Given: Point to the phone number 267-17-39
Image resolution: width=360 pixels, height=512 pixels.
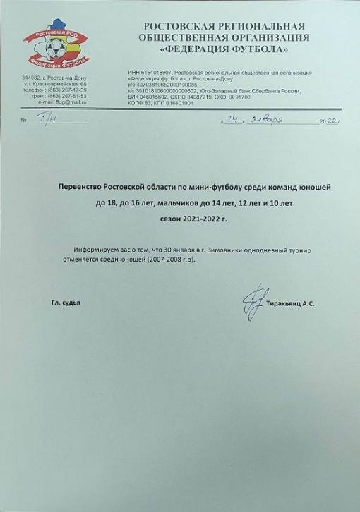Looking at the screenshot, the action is tap(73, 90).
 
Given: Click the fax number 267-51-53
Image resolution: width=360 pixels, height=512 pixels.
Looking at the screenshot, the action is tap(73, 97).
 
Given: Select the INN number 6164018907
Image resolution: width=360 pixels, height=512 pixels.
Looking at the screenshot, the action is tap(152, 72).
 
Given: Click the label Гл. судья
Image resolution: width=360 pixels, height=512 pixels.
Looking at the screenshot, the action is tap(66, 303).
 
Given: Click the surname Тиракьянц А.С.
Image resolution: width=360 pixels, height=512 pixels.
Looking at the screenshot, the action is tap(291, 303).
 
